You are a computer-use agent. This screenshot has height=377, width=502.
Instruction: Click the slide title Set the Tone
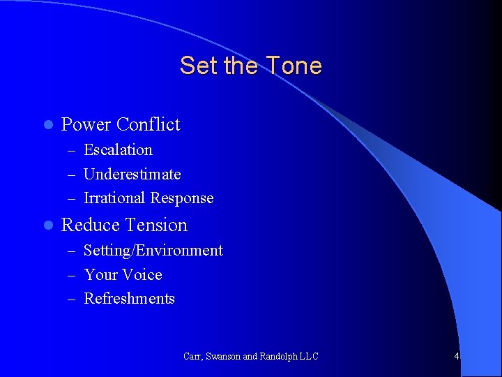click(250, 66)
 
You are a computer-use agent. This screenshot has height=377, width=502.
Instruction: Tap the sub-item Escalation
click(118, 150)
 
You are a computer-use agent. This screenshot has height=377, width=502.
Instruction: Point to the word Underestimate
click(132, 174)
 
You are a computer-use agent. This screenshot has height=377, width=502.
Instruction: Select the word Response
click(182, 199)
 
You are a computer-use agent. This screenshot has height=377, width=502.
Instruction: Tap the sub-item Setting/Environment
click(153, 251)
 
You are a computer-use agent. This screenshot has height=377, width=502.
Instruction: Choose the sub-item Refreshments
click(129, 299)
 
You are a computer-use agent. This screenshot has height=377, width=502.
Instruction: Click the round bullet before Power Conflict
click(47, 126)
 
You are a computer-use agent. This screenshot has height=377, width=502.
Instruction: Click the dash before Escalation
click(73, 151)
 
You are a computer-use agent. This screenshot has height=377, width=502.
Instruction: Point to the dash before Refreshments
click(73, 300)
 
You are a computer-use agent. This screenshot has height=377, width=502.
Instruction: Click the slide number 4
click(456, 356)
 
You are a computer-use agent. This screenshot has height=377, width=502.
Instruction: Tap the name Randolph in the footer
click(278, 356)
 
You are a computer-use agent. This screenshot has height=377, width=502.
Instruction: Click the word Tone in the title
click(294, 66)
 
